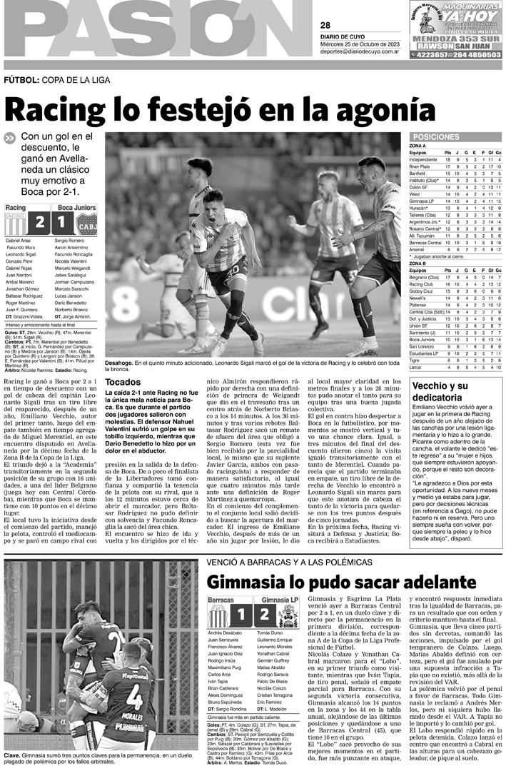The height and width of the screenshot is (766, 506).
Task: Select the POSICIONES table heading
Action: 435,136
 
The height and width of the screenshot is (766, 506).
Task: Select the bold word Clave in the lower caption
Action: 11,755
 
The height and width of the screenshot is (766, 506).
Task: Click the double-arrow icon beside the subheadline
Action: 9,138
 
